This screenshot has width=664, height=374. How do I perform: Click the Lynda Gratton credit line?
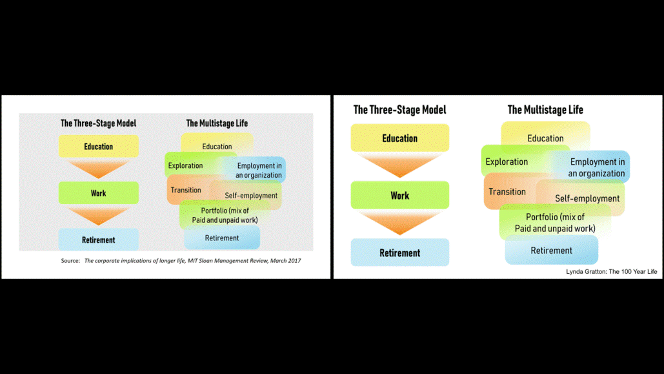[611, 271]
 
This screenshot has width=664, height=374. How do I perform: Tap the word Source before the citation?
[70, 261]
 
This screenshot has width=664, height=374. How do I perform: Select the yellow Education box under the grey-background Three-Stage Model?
[98, 147]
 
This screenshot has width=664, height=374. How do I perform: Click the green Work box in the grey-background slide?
[98, 193]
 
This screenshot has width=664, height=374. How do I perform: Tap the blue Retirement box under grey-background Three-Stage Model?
[98, 240]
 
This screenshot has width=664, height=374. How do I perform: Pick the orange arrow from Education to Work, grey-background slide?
[98, 169]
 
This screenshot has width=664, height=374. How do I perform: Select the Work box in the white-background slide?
[399, 196]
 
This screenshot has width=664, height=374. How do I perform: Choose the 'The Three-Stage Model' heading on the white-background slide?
[399, 110]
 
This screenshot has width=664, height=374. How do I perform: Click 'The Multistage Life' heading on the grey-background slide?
[217, 123]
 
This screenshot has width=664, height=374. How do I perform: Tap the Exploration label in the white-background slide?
[507, 161]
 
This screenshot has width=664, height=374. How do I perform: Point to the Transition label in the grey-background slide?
[186, 190]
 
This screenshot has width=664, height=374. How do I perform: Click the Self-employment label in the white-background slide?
[587, 198]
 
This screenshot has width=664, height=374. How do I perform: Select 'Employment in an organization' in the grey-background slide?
[258, 171]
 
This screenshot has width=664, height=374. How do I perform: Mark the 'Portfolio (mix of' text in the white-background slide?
[555, 217]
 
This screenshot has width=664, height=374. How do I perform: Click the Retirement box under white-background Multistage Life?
[551, 251]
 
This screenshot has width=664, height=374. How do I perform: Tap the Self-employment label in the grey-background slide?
[251, 196]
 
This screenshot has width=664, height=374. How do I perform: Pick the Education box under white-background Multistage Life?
[545, 138]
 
